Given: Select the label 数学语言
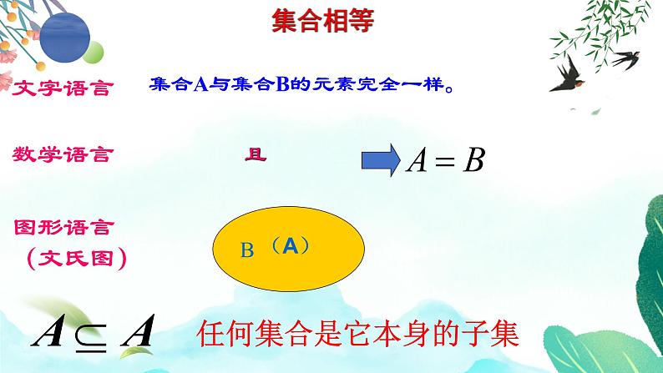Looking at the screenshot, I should [x=63, y=154].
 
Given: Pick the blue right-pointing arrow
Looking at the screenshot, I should [x=381, y=159].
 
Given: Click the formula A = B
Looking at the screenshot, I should [x=444, y=160].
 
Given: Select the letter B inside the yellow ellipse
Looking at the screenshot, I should [x=246, y=250].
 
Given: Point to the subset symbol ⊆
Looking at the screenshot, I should [x=89, y=335].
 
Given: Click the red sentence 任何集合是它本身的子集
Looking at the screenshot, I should [x=359, y=334].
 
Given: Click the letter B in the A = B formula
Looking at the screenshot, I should [x=473, y=160].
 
